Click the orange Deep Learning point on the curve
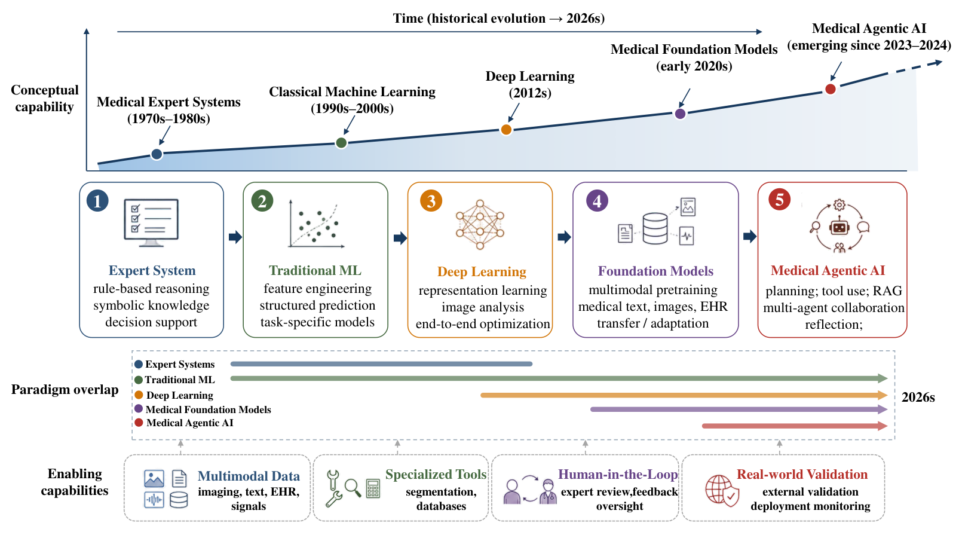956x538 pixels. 506,129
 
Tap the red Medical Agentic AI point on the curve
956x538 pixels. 830,89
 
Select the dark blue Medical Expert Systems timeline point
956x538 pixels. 157,154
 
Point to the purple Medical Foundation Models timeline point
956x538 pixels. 681,114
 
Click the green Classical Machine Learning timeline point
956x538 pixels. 341,143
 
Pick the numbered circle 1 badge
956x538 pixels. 97,201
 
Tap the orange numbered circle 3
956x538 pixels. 431,201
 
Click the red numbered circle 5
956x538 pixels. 779,200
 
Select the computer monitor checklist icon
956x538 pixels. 151,222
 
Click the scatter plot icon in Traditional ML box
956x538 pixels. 316,224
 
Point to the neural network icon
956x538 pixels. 480,225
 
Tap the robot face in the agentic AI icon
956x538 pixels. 839,228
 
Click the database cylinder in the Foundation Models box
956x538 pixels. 655,228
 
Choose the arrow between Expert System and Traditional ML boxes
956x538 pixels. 235,237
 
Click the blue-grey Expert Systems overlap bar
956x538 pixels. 382,364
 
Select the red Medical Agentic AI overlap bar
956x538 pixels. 795,426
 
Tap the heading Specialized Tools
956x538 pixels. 436,475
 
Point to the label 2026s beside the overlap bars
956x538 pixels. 918,398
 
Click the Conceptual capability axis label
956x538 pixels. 44,98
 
